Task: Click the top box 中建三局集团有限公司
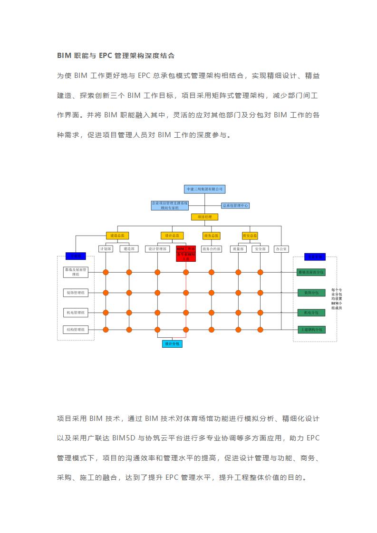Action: (x=205, y=189)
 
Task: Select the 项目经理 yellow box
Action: (x=205, y=217)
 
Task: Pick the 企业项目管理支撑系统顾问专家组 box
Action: (x=170, y=205)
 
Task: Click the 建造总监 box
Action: (x=117, y=235)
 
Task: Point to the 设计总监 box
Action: (x=172, y=235)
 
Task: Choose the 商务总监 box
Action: (x=212, y=235)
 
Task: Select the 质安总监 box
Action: (x=249, y=235)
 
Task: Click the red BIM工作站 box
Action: (x=186, y=253)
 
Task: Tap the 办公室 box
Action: (x=281, y=248)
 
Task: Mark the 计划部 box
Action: (x=106, y=248)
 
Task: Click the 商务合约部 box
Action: (x=212, y=248)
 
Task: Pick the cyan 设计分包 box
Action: (x=172, y=343)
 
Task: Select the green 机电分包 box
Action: (x=311, y=313)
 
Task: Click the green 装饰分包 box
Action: (x=311, y=293)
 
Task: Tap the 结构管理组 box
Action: (x=76, y=329)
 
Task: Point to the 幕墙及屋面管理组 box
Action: (x=76, y=272)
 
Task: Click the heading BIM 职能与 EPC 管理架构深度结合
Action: (x=116, y=56)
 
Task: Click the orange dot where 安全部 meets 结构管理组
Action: (x=260, y=329)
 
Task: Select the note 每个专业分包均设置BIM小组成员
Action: (x=337, y=299)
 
